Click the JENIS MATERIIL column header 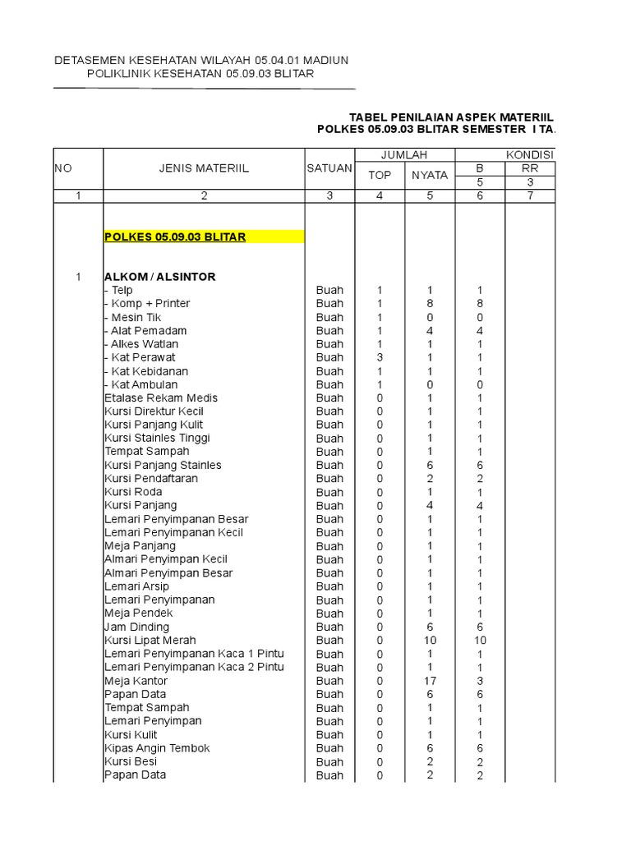(x=204, y=168)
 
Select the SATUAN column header (x=329, y=168)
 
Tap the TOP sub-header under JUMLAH (x=380, y=175)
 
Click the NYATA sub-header (x=430, y=175)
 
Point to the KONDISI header (x=530, y=154)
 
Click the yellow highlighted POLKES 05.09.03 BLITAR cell (x=175, y=237)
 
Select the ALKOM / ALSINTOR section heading (x=160, y=277)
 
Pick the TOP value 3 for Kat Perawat (x=380, y=357)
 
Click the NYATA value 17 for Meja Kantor (x=431, y=681)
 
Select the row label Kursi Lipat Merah (x=150, y=641)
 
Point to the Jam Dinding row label (x=137, y=627)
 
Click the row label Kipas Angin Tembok (x=157, y=748)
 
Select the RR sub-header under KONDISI (x=530, y=168)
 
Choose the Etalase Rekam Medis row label (x=161, y=398)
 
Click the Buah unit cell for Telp (x=329, y=290)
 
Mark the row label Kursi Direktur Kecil (x=154, y=411)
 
